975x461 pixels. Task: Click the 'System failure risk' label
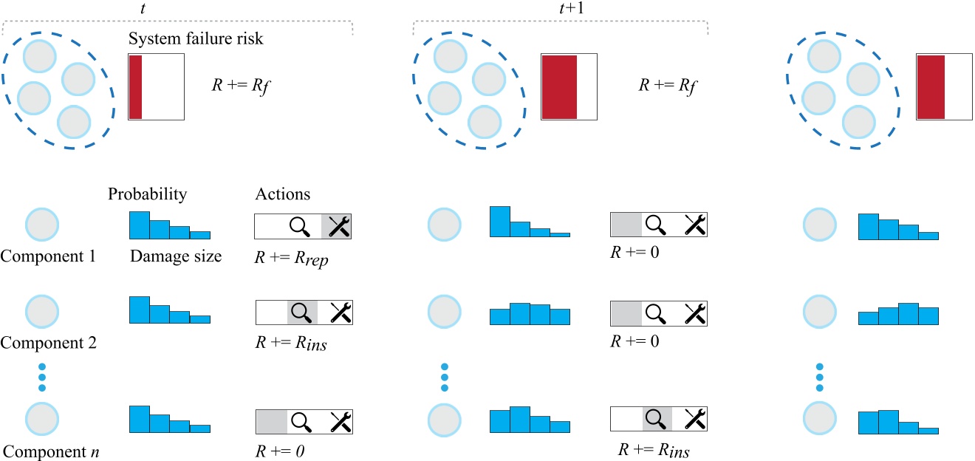coord(196,39)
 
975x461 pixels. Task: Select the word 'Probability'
coord(147,195)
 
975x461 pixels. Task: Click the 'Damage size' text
coord(175,257)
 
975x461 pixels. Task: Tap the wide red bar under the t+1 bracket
coord(559,86)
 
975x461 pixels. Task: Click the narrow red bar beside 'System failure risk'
coord(135,86)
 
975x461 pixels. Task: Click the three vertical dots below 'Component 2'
coord(41,377)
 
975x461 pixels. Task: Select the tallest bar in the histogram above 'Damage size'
coord(140,225)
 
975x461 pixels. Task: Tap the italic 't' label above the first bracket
coord(178,7)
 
